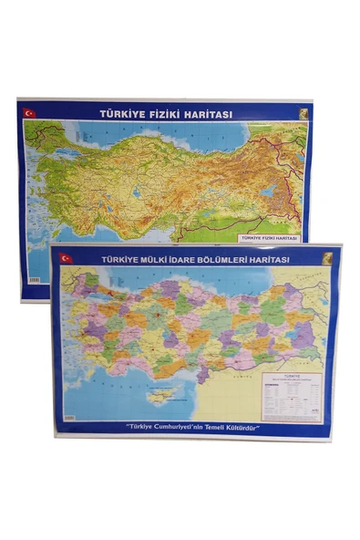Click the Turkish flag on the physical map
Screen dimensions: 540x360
[x=29, y=113]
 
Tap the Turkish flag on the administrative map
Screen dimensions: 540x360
[x=66, y=258]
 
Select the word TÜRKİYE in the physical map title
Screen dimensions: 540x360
[x=123, y=114]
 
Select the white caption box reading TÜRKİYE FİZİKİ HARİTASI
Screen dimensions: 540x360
[x=270, y=237]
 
